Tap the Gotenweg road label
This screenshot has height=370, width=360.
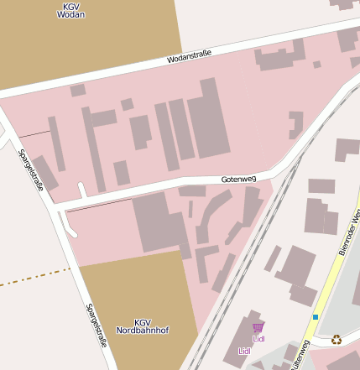[x=238, y=179]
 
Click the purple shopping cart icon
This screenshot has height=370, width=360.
[x=258, y=327]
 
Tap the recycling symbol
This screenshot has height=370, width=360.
[x=337, y=340]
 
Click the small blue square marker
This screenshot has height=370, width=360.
[x=316, y=317]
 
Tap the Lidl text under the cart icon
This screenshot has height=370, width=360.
[x=258, y=339]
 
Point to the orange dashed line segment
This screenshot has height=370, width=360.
[x=34, y=278]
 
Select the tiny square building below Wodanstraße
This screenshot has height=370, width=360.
[x=317, y=65]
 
